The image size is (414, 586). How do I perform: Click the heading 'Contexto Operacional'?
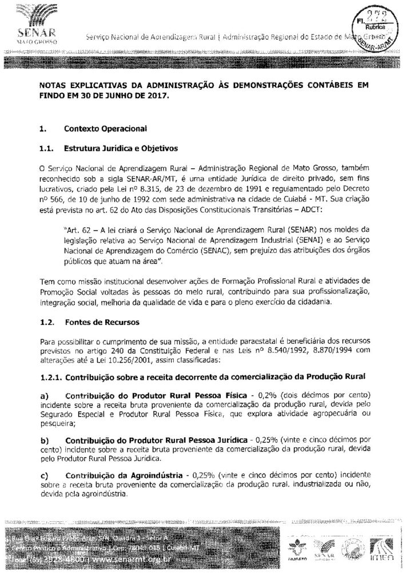[x=97, y=129]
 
